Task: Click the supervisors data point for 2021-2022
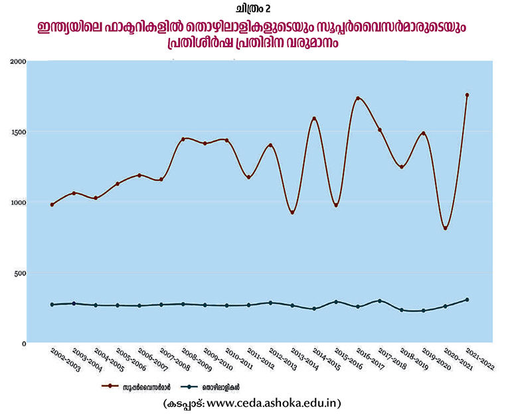[x=467, y=95]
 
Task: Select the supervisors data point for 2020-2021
[x=446, y=228]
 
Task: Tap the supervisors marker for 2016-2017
[x=358, y=99]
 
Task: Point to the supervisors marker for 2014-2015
[x=314, y=119]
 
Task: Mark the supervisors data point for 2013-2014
[x=292, y=212]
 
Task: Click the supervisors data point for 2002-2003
[x=52, y=204]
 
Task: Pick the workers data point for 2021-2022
[x=467, y=300]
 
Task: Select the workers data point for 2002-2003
[x=52, y=305]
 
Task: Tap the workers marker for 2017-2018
[x=380, y=301]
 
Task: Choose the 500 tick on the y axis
[x=21, y=273]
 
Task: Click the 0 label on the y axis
[x=23, y=343]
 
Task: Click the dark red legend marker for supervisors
[x=107, y=386]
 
